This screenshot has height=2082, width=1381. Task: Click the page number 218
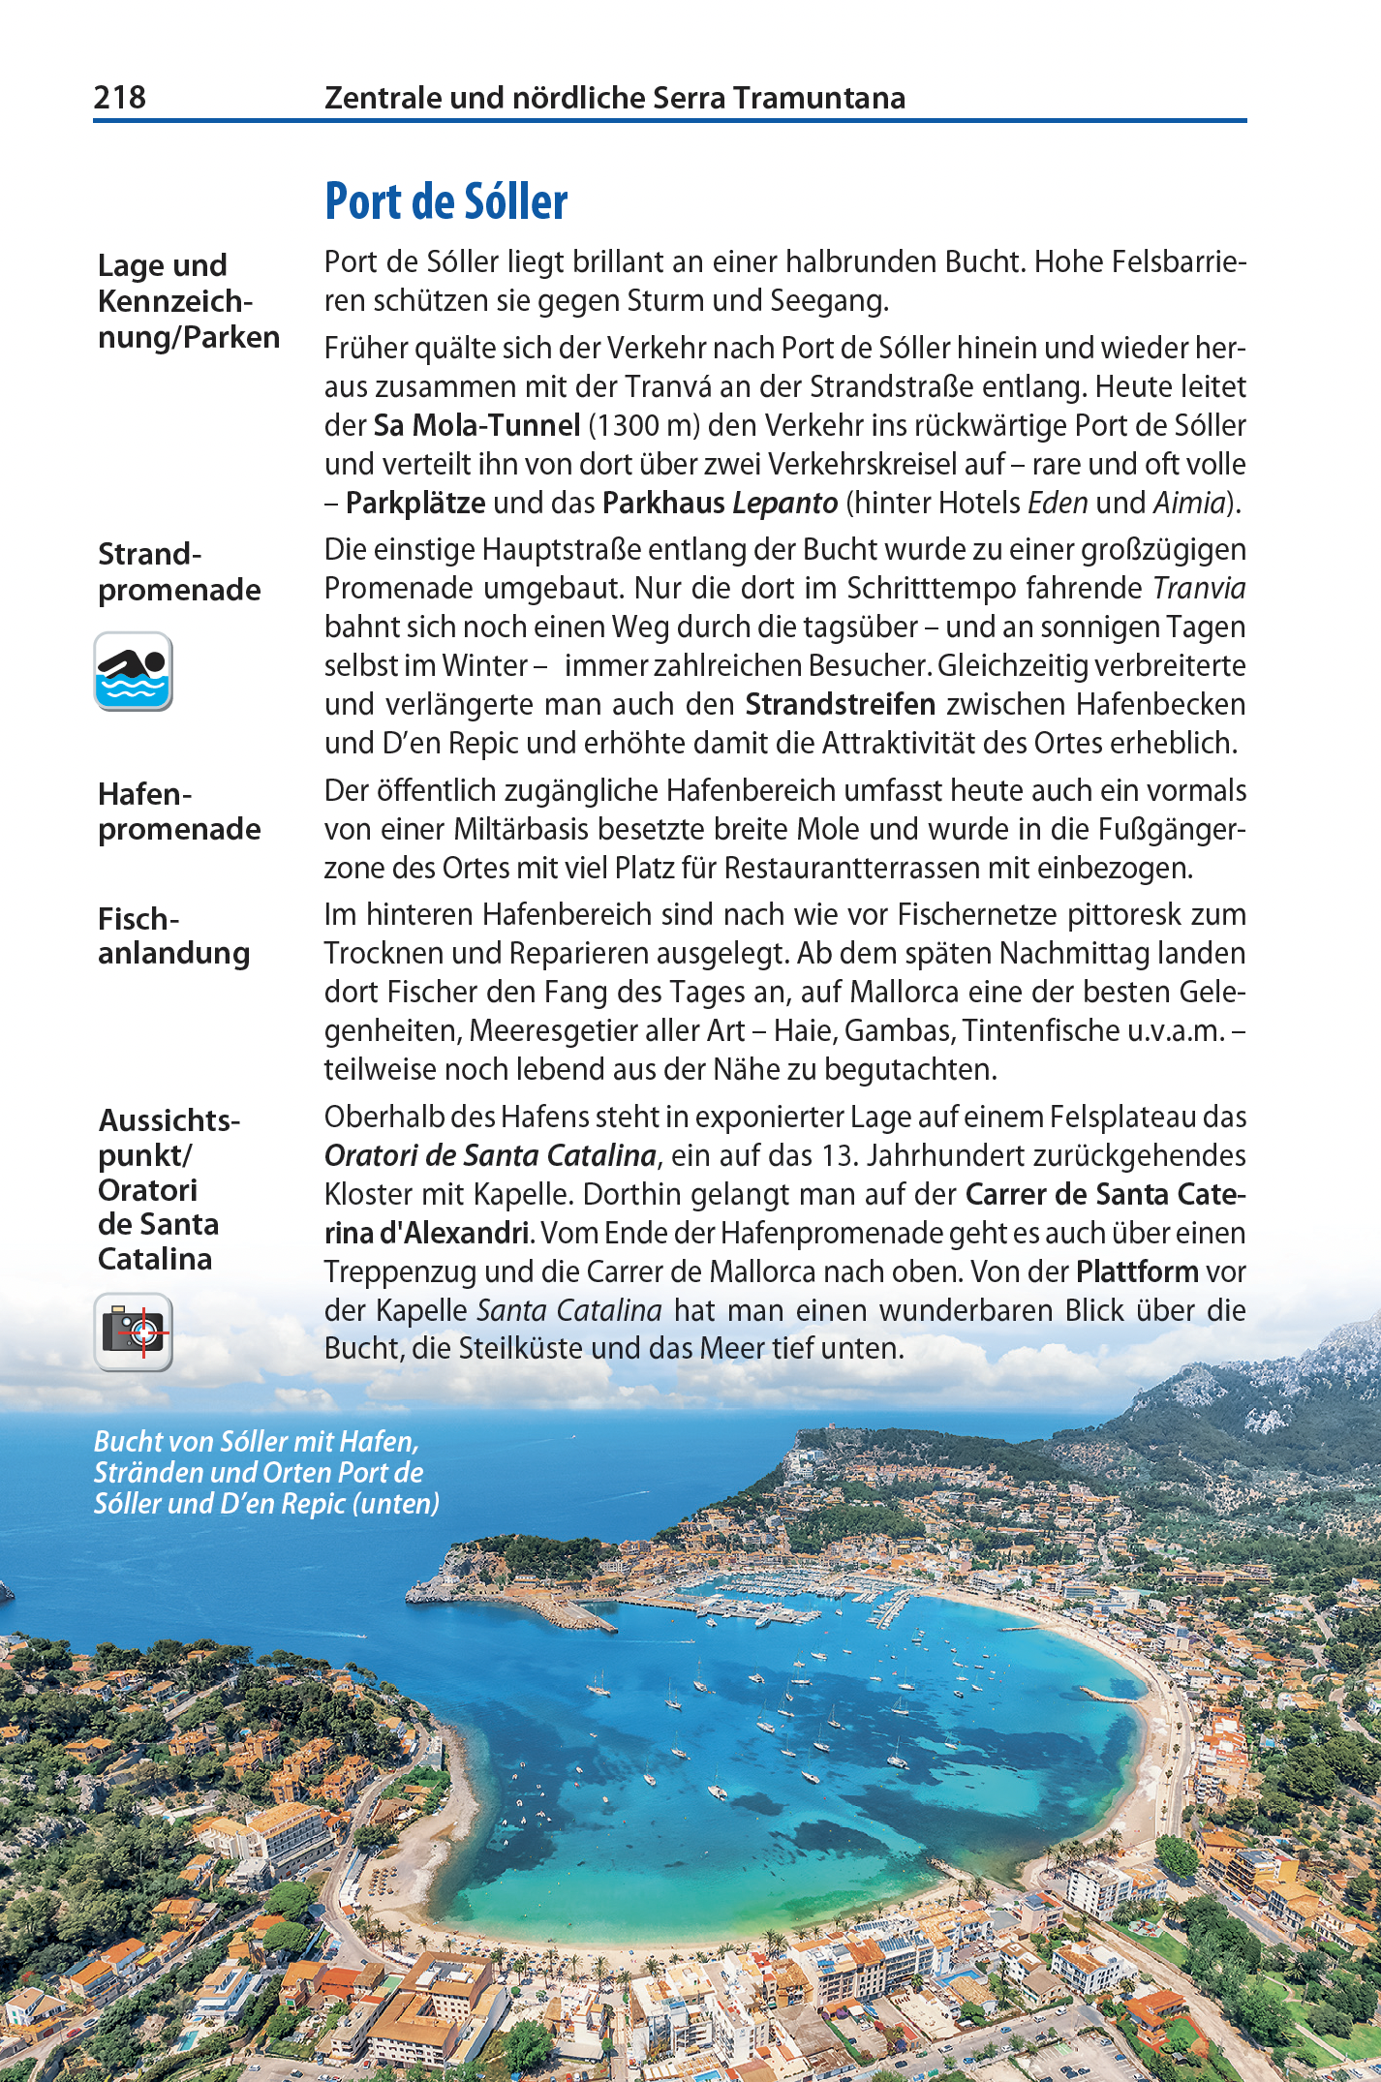point(119,97)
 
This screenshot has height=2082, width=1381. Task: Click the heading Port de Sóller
point(445,201)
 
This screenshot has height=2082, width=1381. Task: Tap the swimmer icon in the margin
point(134,671)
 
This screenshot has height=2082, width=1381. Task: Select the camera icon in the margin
point(134,1332)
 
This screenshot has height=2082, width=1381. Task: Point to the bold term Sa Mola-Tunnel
point(476,425)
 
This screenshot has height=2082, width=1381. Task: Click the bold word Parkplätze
point(415,503)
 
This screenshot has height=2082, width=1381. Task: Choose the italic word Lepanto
point(784,503)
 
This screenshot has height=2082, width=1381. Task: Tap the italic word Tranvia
point(1199,588)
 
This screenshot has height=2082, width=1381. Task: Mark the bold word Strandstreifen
point(840,704)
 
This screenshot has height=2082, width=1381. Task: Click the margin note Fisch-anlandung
point(173,935)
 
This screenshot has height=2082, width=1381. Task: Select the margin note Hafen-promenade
point(179,811)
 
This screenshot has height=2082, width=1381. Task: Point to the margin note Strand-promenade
point(179,571)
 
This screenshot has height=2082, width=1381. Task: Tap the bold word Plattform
point(1137,1271)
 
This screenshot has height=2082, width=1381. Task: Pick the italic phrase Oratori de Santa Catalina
point(490,1155)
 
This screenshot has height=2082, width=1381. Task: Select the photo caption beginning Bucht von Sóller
point(266,1472)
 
